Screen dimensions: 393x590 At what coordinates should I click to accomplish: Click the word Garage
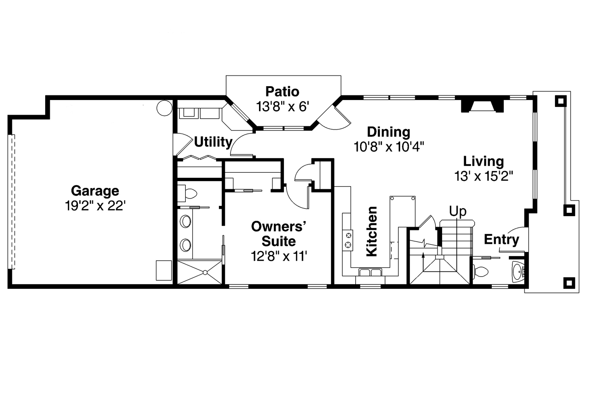click(x=94, y=190)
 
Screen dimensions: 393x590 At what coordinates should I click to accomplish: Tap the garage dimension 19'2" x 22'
click(x=94, y=205)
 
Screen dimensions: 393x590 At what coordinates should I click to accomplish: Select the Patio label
click(x=282, y=91)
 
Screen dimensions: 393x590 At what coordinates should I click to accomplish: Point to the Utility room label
click(x=212, y=142)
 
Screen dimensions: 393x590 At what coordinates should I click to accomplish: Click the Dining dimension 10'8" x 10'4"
click(x=389, y=147)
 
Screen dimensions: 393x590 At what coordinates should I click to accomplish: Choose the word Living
click(x=483, y=161)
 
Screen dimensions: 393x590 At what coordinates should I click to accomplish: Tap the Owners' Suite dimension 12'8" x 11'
click(x=279, y=256)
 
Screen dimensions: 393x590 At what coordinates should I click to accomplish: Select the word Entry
click(x=501, y=240)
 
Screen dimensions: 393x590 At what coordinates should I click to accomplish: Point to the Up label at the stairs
click(x=458, y=211)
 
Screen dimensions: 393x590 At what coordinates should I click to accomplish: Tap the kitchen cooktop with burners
click(x=348, y=239)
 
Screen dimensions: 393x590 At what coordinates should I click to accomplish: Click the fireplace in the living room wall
click(x=481, y=106)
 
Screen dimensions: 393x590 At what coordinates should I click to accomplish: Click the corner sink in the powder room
click(x=518, y=272)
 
